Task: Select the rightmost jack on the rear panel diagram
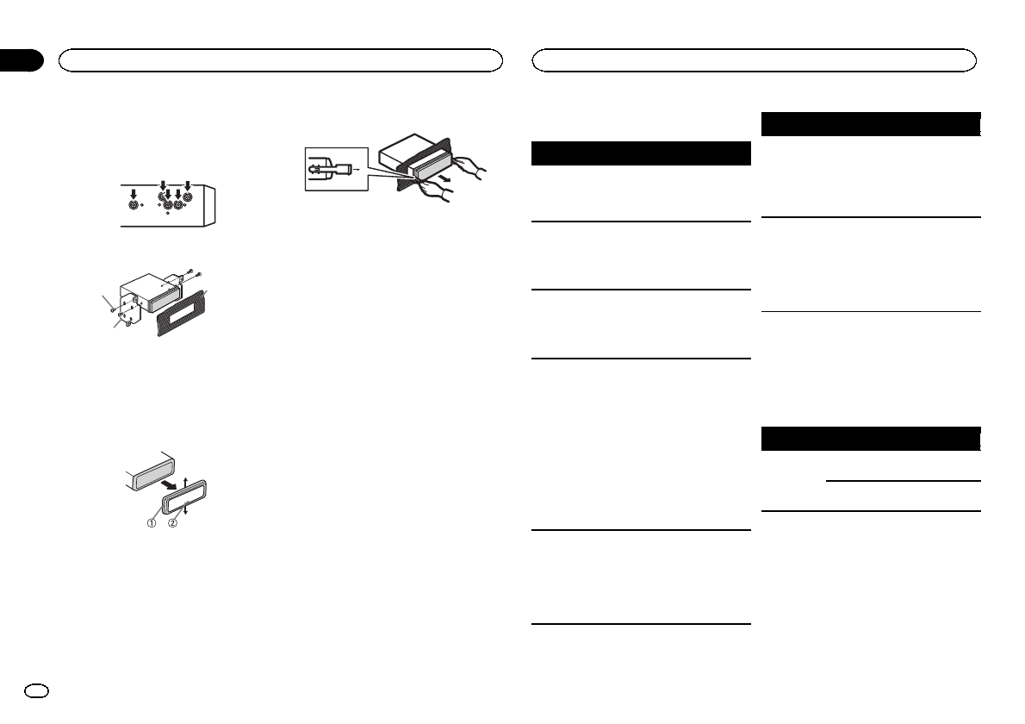pos(188,207)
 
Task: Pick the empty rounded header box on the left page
pos(280,60)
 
